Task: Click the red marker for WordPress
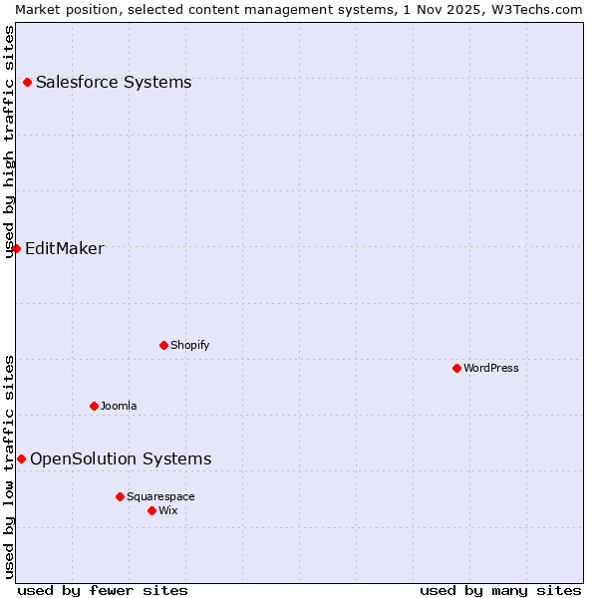click(456, 368)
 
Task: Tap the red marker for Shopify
click(163, 345)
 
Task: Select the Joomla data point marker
click(94, 406)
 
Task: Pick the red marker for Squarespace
click(120, 496)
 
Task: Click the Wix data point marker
click(151, 510)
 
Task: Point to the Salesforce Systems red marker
click(27, 82)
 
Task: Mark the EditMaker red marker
click(16, 248)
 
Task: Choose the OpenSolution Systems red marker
click(21, 458)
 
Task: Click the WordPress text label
click(491, 368)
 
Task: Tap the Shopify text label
click(189, 345)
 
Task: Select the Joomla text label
click(119, 406)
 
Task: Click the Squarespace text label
click(160, 496)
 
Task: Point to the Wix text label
click(168, 510)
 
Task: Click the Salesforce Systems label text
click(114, 82)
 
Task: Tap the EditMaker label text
click(65, 248)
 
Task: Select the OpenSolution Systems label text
click(121, 458)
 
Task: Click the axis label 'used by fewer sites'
click(103, 590)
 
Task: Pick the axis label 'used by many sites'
click(500, 590)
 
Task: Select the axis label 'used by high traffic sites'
click(9, 142)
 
